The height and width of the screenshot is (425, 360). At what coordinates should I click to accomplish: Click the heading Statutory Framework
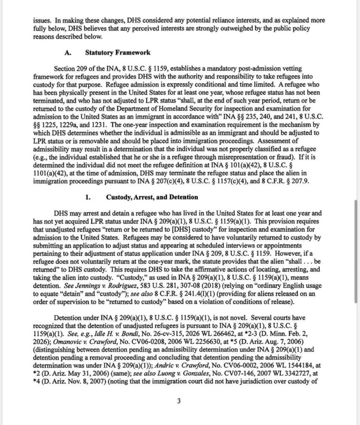click(x=118, y=53)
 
